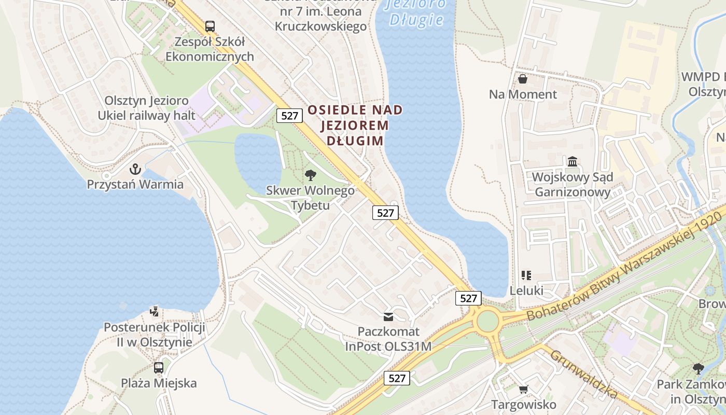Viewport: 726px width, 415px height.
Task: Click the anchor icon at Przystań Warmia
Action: point(135,169)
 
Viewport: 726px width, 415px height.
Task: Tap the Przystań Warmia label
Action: point(135,184)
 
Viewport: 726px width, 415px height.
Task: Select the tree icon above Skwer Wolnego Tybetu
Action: point(311,175)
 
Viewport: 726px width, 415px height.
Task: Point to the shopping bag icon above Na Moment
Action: point(523,79)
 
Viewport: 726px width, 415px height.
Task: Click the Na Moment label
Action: point(523,94)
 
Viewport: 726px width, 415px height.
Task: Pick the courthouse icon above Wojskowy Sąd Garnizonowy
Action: point(573,162)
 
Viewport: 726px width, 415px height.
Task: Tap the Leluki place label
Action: point(526,290)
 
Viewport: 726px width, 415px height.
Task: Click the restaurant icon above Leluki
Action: point(526,275)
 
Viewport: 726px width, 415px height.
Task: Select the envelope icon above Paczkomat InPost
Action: point(388,316)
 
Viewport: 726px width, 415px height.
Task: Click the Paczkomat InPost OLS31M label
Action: point(388,339)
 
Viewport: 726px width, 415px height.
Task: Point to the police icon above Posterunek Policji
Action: point(154,311)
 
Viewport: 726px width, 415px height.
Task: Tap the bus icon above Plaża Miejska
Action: point(159,368)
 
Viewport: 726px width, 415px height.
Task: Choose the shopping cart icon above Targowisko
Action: point(524,389)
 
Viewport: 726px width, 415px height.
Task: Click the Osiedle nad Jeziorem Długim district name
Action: point(355,125)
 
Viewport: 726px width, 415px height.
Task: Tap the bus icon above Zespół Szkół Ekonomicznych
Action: point(210,26)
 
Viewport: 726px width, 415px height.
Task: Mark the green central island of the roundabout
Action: point(487,321)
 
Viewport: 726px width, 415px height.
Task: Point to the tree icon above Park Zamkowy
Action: point(698,369)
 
